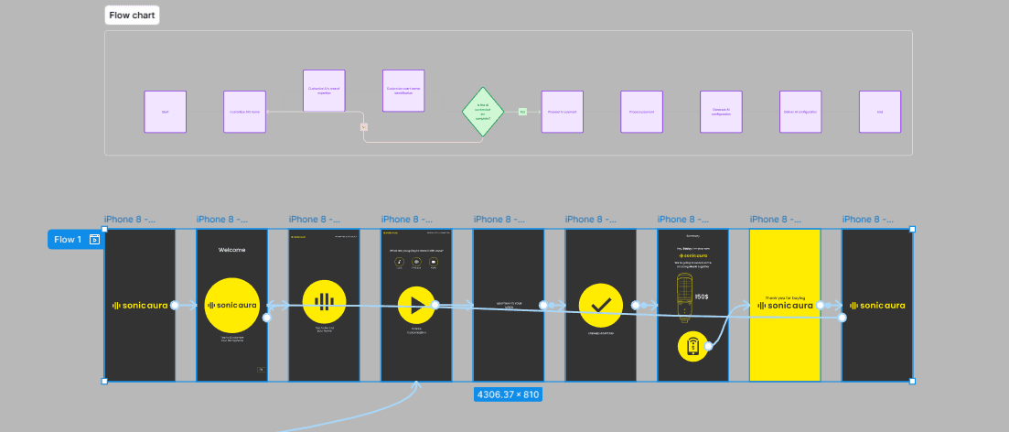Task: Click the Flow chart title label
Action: pos(132,16)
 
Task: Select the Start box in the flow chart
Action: pos(166,112)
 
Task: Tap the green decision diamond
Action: pos(483,112)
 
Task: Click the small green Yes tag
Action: pos(523,112)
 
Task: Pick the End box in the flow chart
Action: pos(880,112)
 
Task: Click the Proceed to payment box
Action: pos(563,112)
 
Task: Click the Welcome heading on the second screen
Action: pos(232,250)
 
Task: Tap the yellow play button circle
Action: pos(417,306)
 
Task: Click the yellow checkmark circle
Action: pos(601,306)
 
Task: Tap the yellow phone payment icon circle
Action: pos(695,347)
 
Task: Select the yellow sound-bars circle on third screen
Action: pos(324,303)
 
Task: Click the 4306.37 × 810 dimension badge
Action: pos(508,394)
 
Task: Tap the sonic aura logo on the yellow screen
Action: pos(785,306)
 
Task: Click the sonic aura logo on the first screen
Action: pos(140,306)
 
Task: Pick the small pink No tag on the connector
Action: pos(364,127)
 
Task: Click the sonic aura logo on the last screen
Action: pos(877,306)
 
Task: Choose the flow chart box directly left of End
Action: pos(800,112)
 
